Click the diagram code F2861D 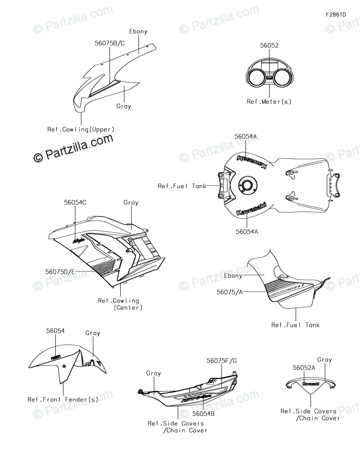tap(336, 14)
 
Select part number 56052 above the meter tap(269, 45)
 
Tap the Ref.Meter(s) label tap(269, 101)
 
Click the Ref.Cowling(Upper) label tap(81, 129)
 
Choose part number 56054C tap(75, 203)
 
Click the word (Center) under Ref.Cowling tap(128, 307)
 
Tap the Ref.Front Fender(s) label tap(63, 399)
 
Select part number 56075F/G tap(221, 361)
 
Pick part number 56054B tap(203, 413)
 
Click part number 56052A tap(304, 368)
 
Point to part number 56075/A tap(229, 292)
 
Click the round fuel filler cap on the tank tap(247, 185)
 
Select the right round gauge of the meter tap(282, 77)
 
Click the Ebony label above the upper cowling tap(138, 32)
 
